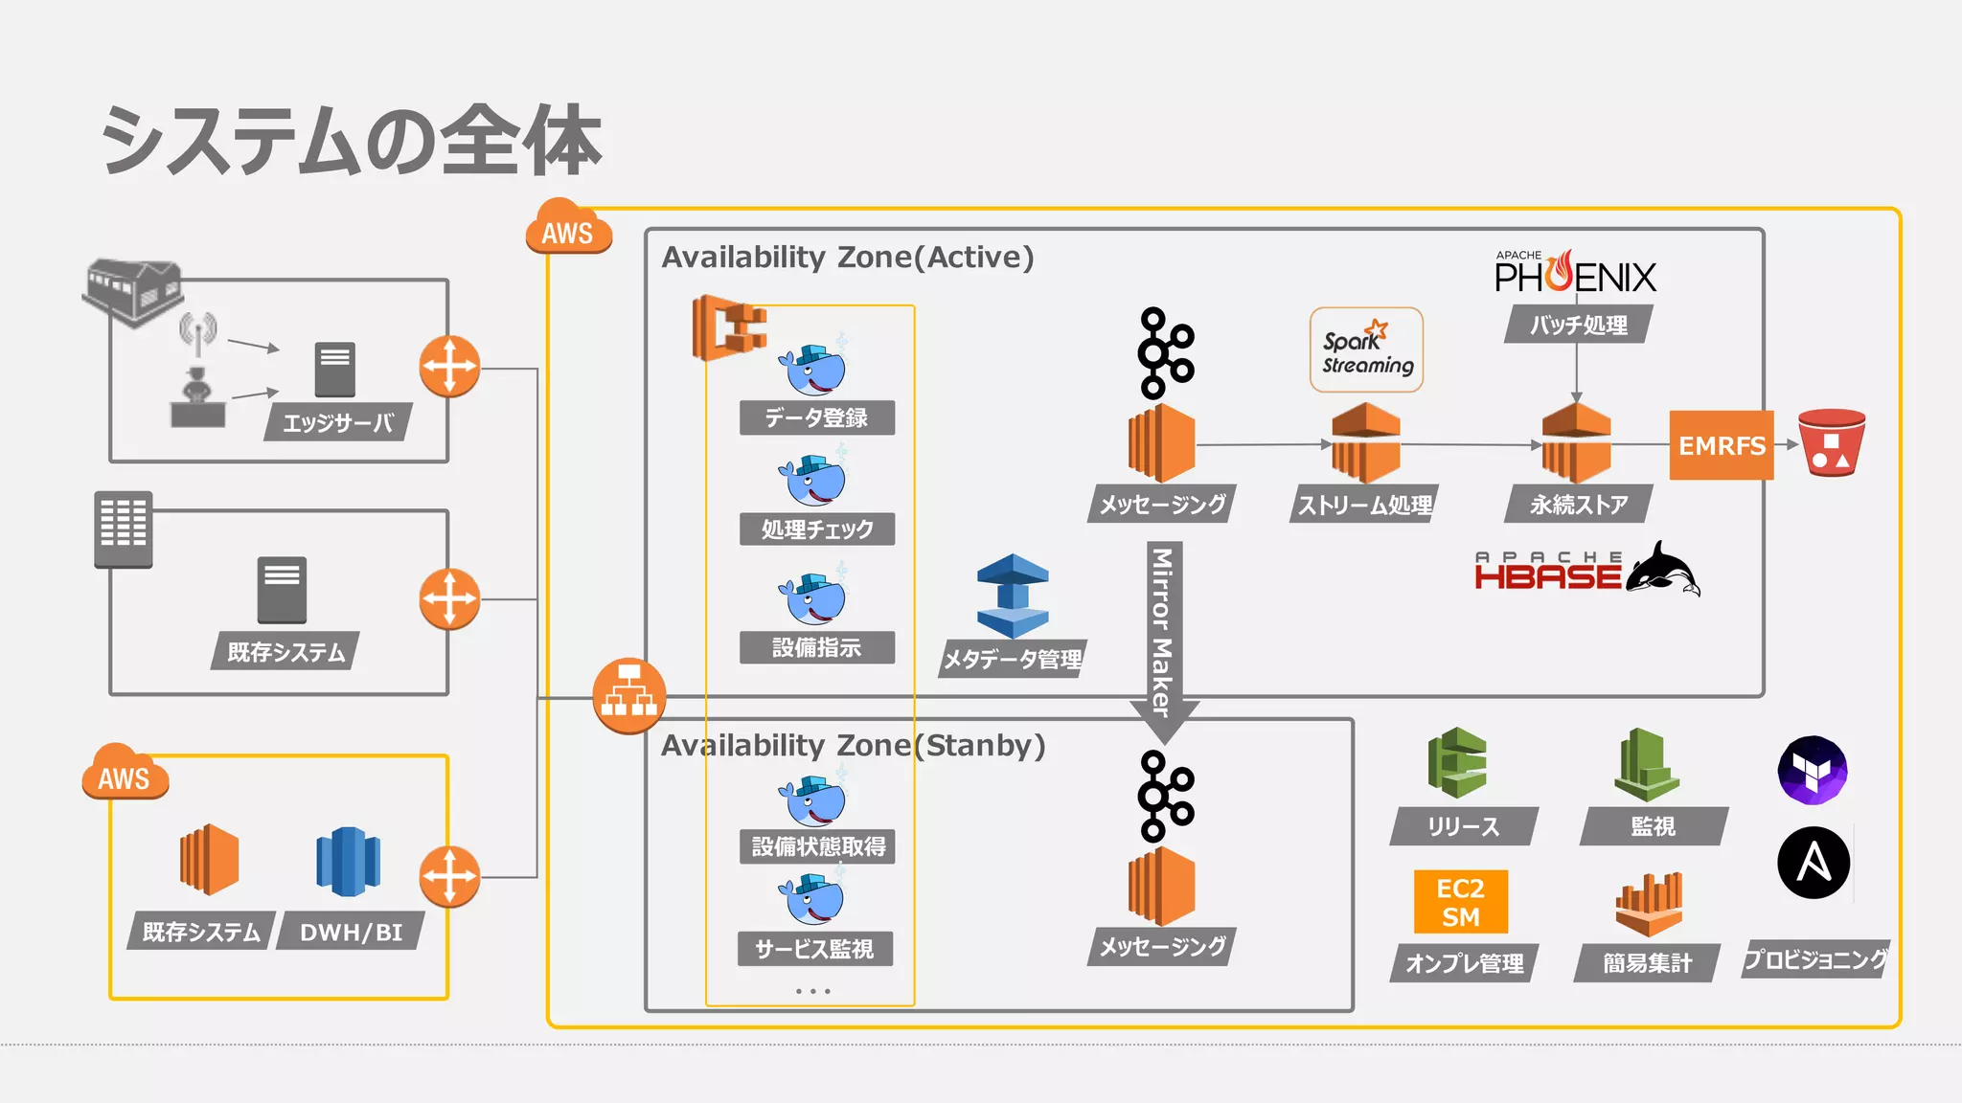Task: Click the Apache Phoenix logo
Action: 1575,274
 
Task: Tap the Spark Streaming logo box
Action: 1366,350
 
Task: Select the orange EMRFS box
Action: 1721,445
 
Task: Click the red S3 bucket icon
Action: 1831,443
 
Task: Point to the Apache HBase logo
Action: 1586,571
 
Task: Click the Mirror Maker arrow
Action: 1163,637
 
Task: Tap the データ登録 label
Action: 816,417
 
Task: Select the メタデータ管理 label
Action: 1012,659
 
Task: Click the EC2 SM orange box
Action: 1460,902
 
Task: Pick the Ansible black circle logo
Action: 1813,863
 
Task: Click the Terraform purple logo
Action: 1812,770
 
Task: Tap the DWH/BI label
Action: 351,932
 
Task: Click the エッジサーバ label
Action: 337,423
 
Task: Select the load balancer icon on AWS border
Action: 628,696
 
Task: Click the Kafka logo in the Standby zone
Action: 1165,796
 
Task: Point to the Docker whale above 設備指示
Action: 813,598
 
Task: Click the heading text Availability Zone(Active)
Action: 847,258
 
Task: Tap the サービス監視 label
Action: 814,949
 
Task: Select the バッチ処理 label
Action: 1577,325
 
